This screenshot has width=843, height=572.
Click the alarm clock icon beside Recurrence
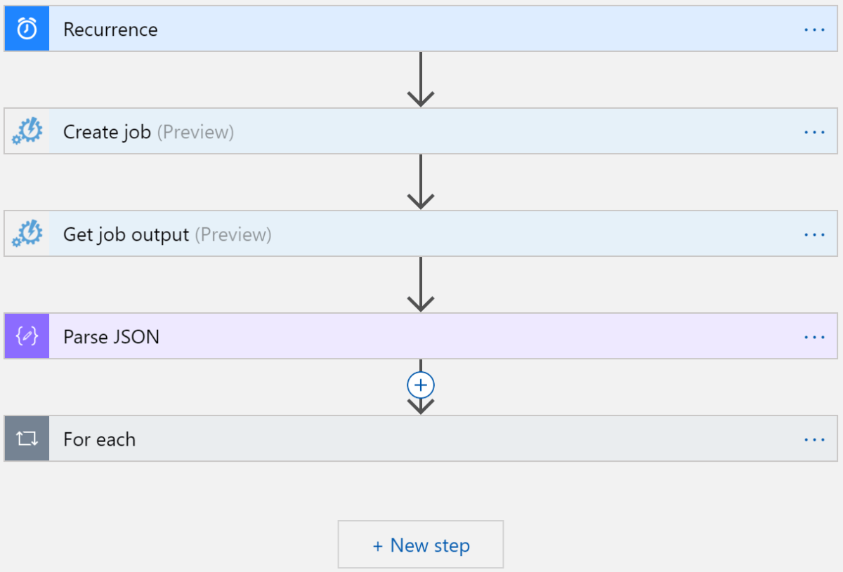[x=27, y=29]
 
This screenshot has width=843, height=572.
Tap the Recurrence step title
[x=110, y=29]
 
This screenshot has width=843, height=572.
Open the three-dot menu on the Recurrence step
[x=813, y=29]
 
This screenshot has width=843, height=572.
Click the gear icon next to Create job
[x=27, y=131]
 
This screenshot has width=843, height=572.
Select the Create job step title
[x=107, y=132]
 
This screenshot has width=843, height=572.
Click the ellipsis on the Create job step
[x=813, y=132]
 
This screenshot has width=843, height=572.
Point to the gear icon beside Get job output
[x=27, y=234]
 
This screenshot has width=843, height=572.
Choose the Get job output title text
[x=126, y=234]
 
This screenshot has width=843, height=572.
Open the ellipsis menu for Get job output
[x=813, y=234]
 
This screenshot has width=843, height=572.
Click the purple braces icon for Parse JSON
[x=27, y=336]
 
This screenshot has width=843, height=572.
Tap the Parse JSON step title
[x=111, y=337]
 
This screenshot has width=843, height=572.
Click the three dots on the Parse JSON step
[x=813, y=337]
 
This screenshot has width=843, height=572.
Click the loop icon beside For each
[x=27, y=439]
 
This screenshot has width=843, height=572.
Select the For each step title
[x=99, y=439]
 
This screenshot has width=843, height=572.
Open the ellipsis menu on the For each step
[x=813, y=439]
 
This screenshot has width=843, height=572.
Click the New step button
[x=421, y=545]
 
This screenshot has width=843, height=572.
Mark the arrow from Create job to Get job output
[x=420, y=182]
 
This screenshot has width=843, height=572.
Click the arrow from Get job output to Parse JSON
[x=420, y=284]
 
